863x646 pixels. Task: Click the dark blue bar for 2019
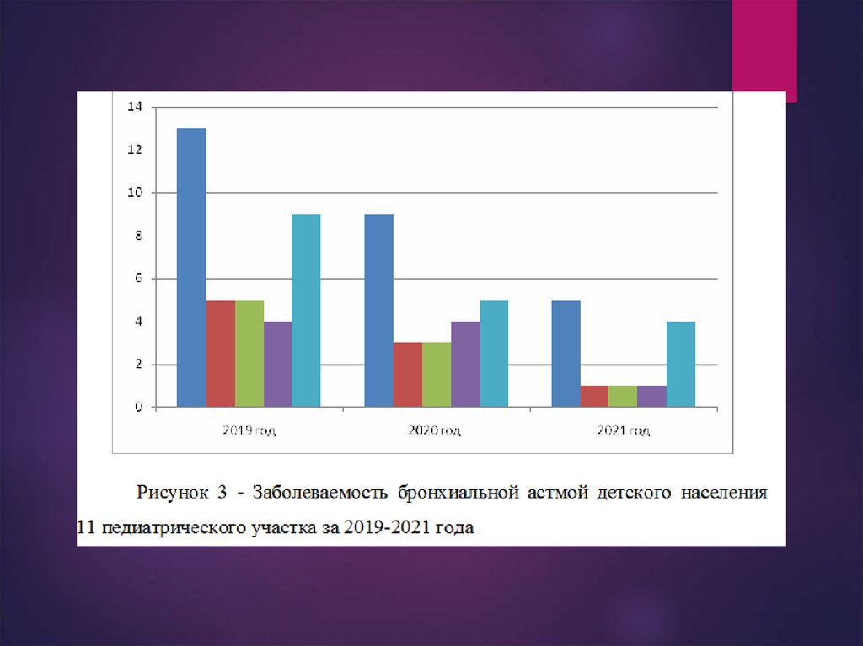click(x=191, y=268)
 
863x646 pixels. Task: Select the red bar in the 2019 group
click(x=220, y=354)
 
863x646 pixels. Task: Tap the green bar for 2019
click(x=249, y=354)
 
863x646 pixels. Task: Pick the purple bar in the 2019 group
click(x=277, y=365)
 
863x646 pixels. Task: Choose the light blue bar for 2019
click(x=306, y=311)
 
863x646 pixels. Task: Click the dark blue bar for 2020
click(x=378, y=311)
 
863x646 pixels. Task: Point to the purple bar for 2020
click(x=465, y=365)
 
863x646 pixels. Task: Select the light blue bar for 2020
click(x=494, y=354)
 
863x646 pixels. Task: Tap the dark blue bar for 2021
click(x=566, y=354)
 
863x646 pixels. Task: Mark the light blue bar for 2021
click(x=681, y=365)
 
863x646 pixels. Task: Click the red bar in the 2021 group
click(x=594, y=397)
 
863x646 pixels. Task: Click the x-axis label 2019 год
click(x=249, y=430)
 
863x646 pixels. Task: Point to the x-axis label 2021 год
click(x=624, y=430)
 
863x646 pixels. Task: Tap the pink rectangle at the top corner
click(x=764, y=46)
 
